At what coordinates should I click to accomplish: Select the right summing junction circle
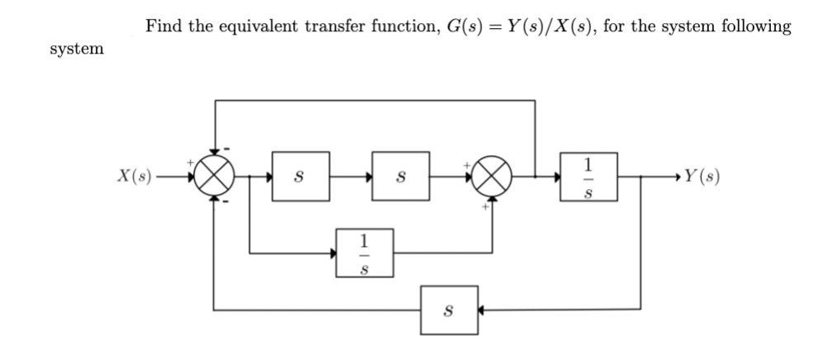pyautogui.click(x=494, y=177)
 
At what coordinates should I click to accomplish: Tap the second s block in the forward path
pyautogui.click(x=400, y=177)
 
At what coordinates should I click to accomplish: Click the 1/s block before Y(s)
pyautogui.click(x=588, y=177)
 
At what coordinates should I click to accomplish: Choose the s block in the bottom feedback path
pyautogui.click(x=448, y=310)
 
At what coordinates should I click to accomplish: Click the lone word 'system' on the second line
pyautogui.click(x=77, y=49)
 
